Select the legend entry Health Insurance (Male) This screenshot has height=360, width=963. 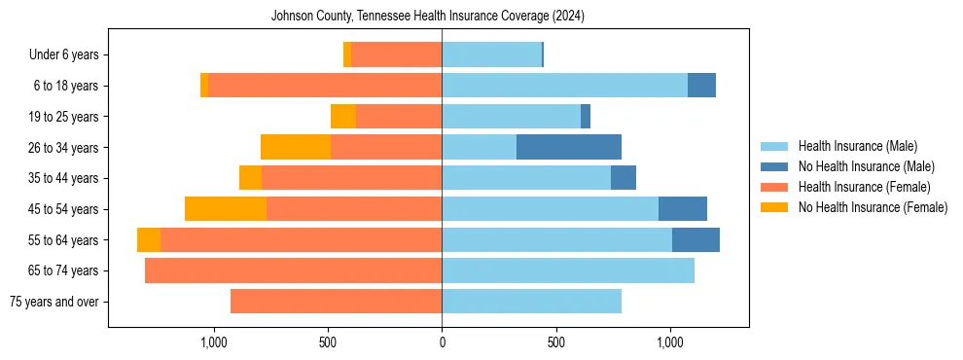coord(857,146)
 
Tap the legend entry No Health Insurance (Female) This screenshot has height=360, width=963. coord(873,207)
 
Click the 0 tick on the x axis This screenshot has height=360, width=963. coord(442,342)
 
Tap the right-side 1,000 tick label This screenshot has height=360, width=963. coord(670,342)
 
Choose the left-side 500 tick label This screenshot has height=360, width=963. coord(328,342)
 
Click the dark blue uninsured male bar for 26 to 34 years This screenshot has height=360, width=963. coord(569,148)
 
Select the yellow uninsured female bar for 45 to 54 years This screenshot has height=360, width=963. coord(226,209)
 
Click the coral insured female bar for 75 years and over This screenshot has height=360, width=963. coord(336,302)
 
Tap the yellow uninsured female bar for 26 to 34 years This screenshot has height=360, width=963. coord(296,148)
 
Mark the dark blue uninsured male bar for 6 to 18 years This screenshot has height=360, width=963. coord(701,86)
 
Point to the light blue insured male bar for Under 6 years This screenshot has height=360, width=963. coord(491,55)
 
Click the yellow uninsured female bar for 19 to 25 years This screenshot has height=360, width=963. coord(343,117)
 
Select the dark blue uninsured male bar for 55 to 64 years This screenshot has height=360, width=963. coord(695,240)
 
